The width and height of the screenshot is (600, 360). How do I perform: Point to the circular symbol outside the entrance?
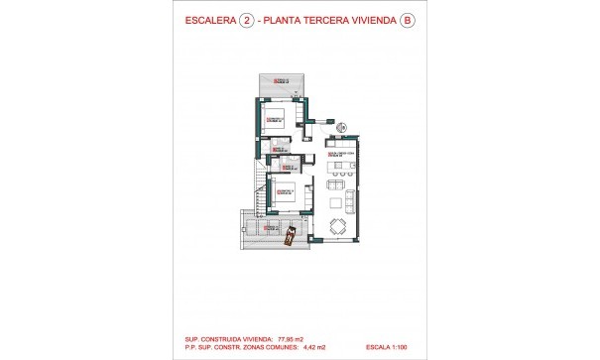(x=340, y=127)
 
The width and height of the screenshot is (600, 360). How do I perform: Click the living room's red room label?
(x=340, y=155)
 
